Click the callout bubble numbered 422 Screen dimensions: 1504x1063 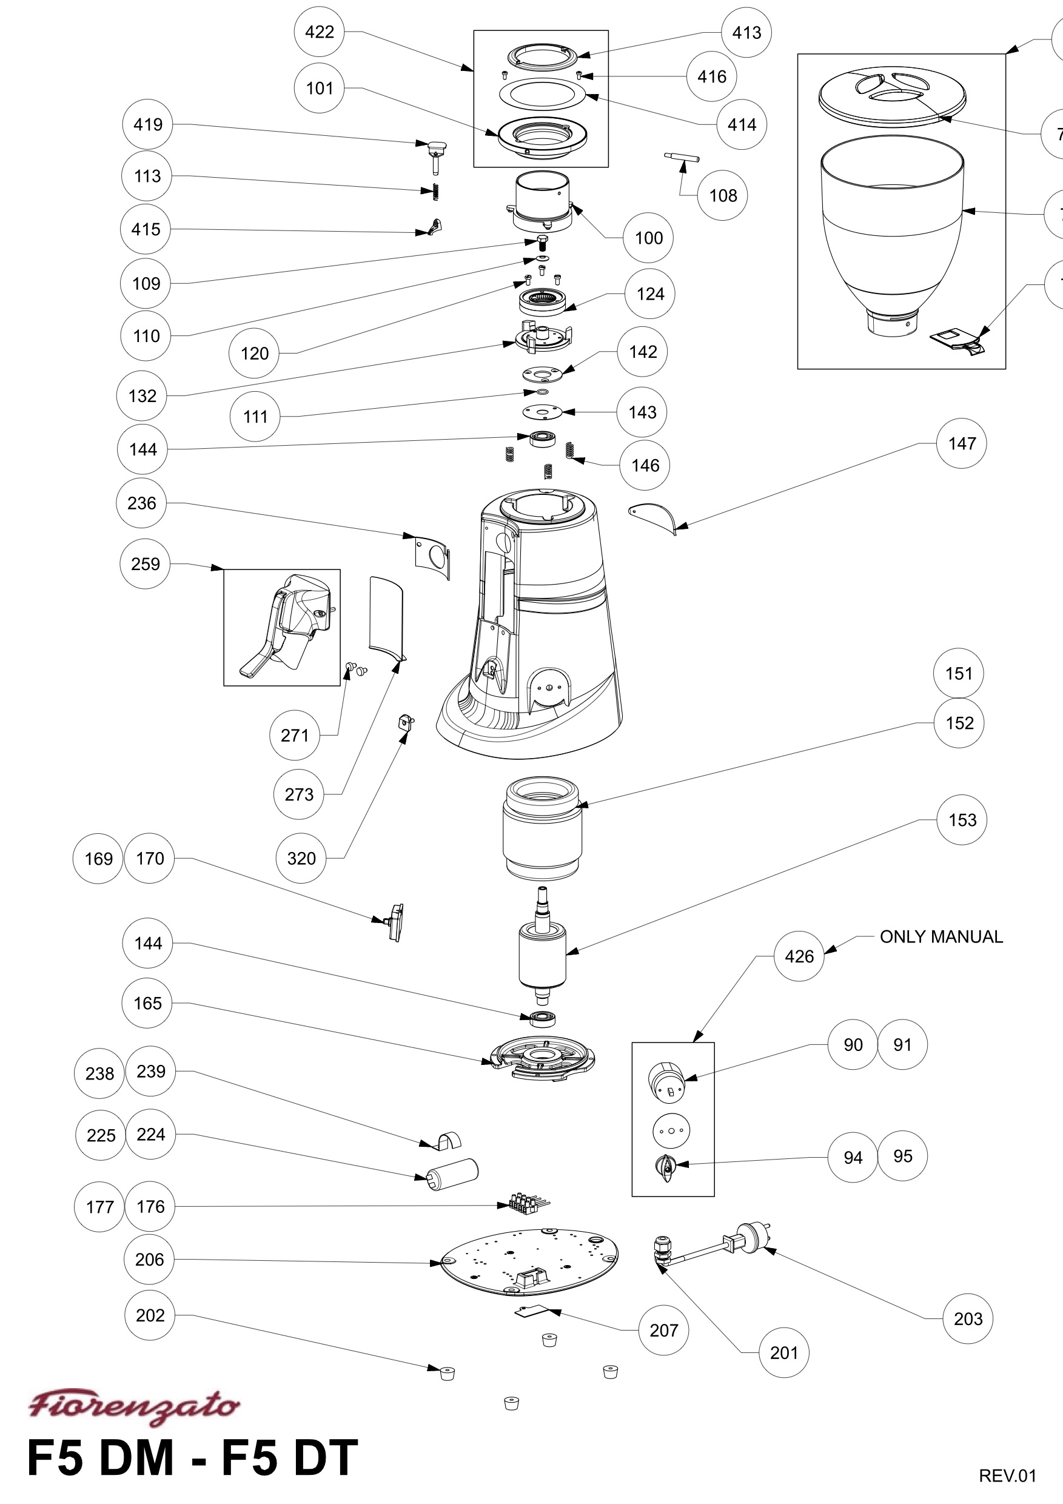320,32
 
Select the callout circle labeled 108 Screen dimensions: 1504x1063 723,195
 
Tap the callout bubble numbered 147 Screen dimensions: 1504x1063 962,443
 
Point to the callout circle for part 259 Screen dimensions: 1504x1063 145,564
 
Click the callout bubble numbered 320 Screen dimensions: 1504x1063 301,858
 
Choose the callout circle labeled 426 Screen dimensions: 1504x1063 799,956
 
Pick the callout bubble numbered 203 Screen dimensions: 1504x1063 968,1318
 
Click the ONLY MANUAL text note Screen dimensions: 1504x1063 941,937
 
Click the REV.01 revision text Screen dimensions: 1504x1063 1007,1476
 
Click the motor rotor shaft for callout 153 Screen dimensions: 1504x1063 542,947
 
